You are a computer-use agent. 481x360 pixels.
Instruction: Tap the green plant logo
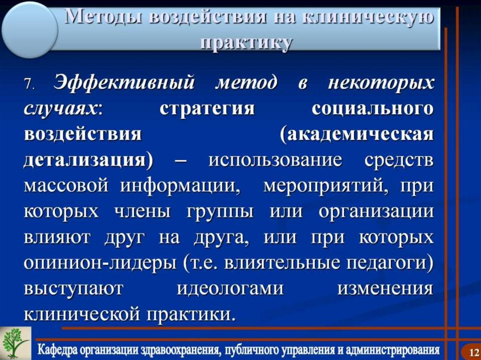tap(15, 342)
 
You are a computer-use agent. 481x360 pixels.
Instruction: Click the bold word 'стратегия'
tap(207, 109)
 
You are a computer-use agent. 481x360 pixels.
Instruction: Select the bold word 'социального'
tap(372, 109)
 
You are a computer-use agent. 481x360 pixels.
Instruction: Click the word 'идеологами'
tap(230, 288)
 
